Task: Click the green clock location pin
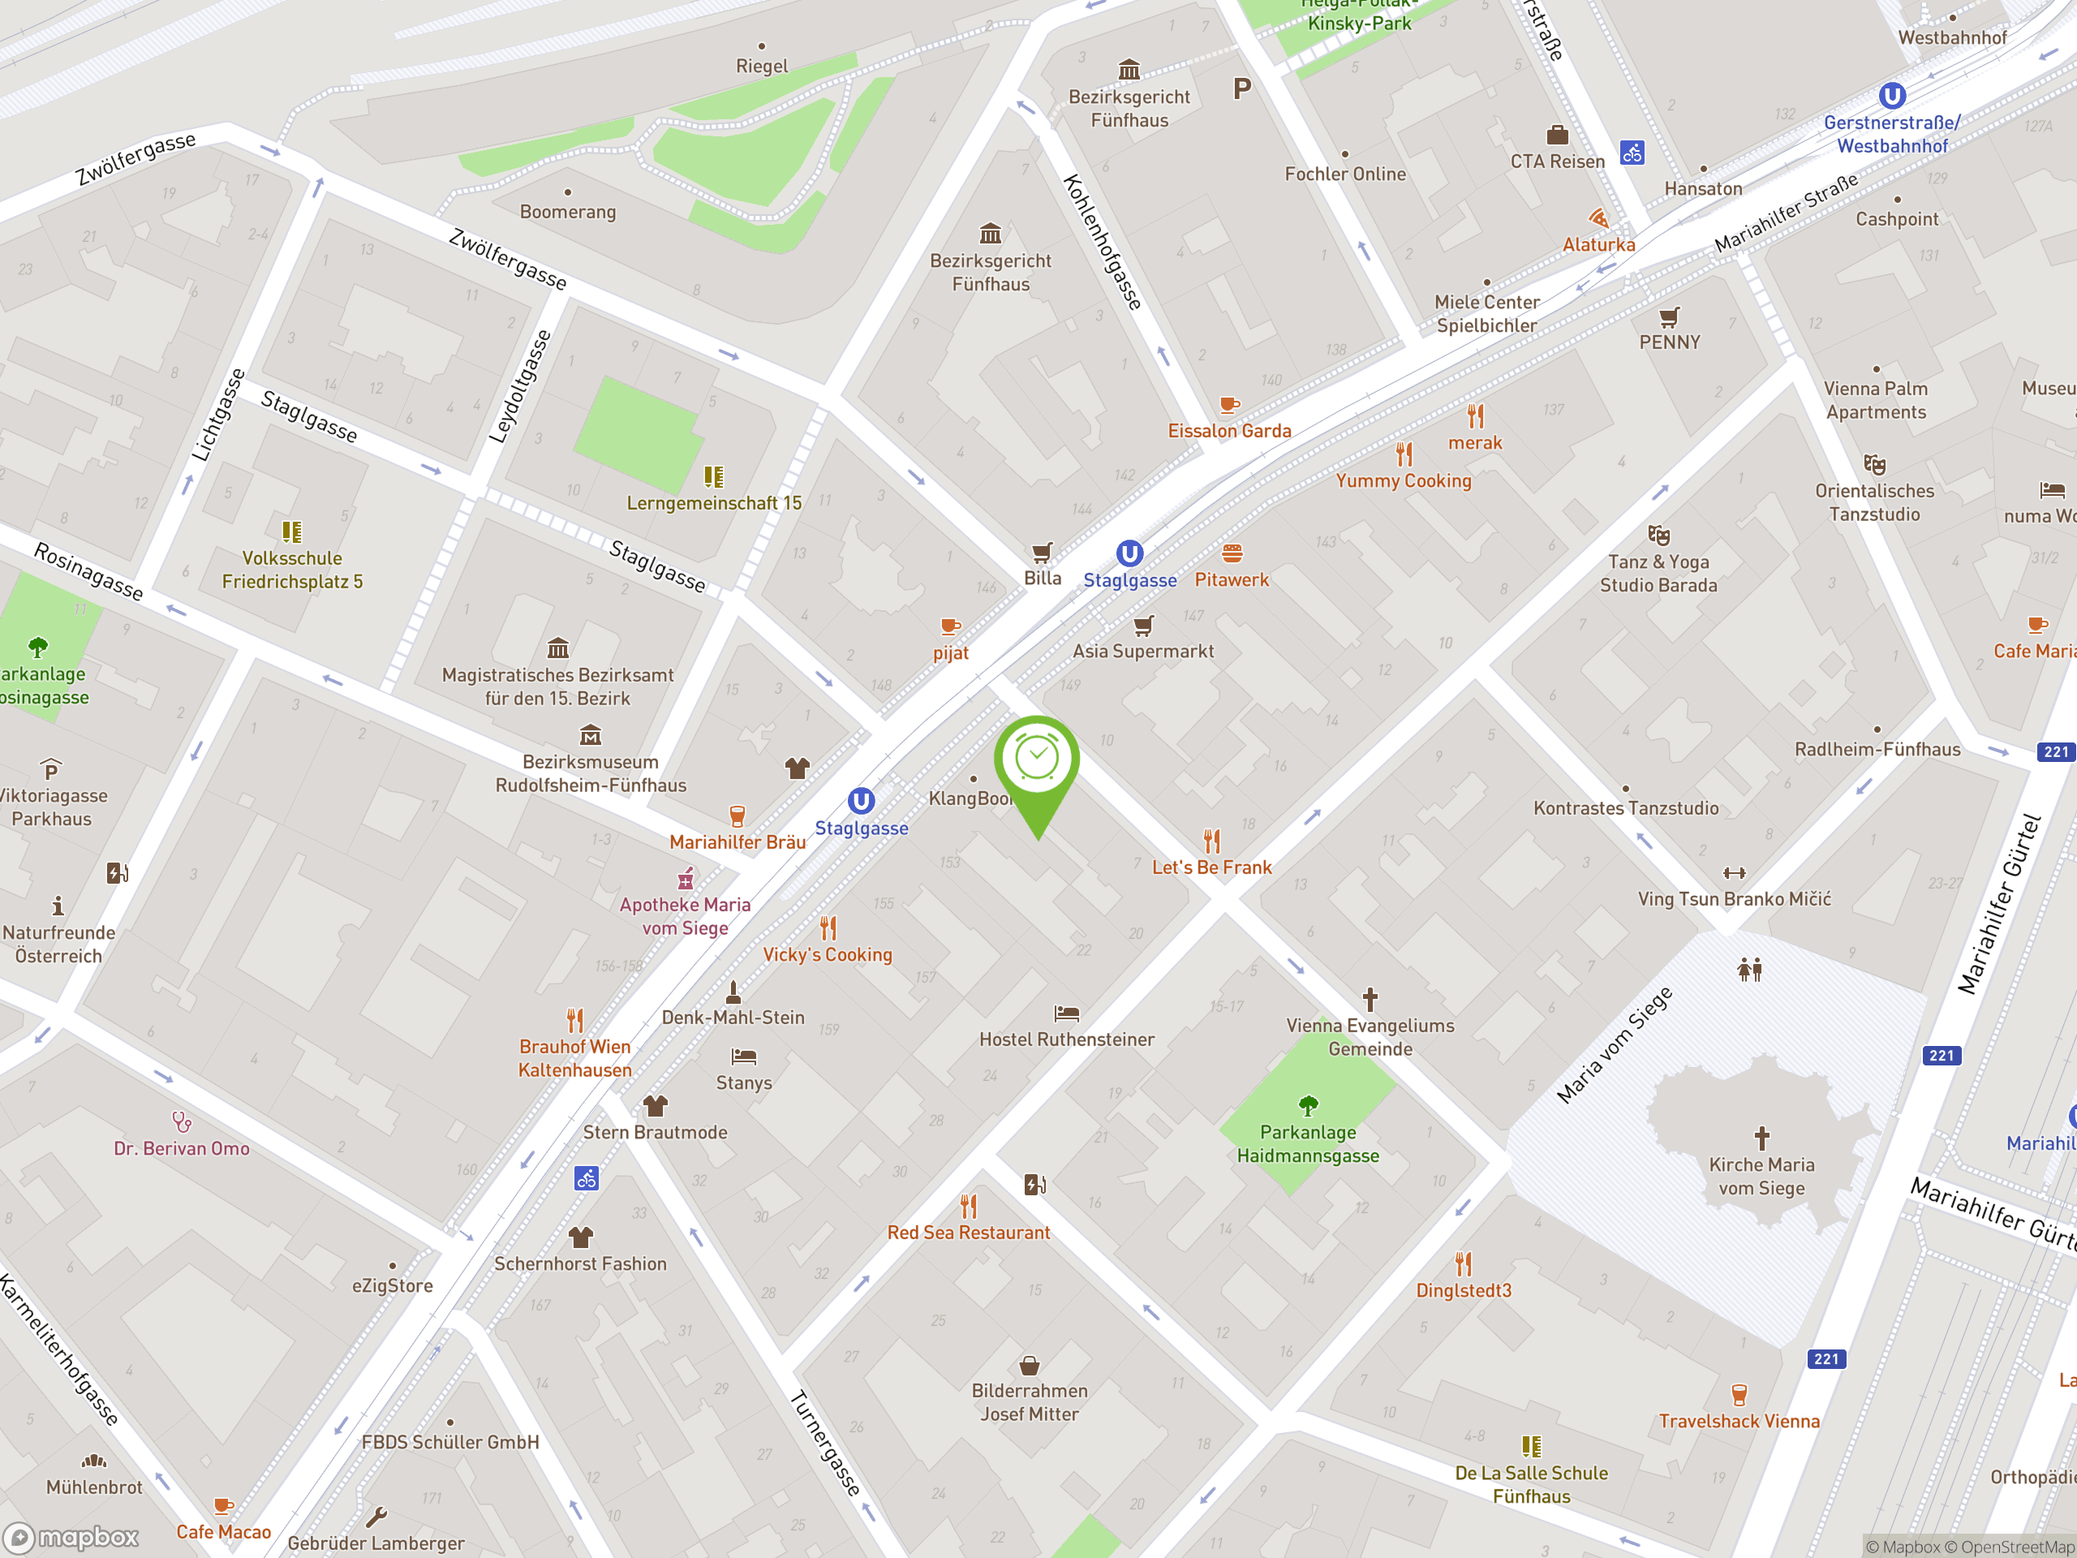point(1037,759)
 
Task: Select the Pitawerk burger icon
point(1232,553)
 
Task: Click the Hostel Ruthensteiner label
point(1067,1039)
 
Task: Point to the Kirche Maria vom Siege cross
point(1761,1138)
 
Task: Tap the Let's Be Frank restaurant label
point(1211,867)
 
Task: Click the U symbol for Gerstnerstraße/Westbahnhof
point(1892,96)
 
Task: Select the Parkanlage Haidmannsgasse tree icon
point(1308,1105)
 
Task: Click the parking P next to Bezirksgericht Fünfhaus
point(1242,89)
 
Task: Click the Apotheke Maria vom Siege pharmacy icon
point(686,878)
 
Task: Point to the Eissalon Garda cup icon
point(1228,405)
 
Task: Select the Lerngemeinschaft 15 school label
point(714,503)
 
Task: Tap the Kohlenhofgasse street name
point(1103,243)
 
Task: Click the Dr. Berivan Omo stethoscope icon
point(181,1121)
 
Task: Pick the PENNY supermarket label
point(1669,342)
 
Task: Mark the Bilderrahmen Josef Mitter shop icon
point(1029,1366)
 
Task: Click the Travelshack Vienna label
point(1738,1421)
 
